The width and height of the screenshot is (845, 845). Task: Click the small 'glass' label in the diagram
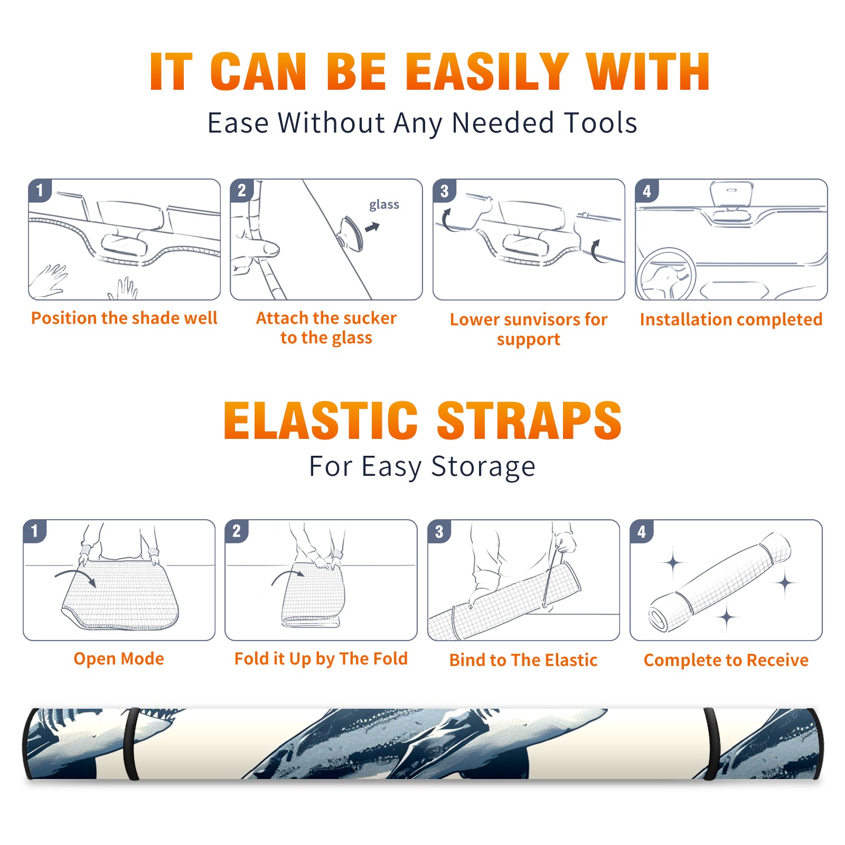[x=384, y=205]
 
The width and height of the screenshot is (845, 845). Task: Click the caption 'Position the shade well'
[x=124, y=318]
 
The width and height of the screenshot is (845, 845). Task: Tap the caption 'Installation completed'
[x=731, y=319]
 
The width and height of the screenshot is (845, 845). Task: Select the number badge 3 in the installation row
[x=444, y=191]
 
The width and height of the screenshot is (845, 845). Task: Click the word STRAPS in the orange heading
[x=529, y=420]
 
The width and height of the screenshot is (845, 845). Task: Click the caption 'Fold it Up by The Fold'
[x=321, y=659]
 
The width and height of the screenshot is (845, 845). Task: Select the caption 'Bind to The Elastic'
[x=523, y=660]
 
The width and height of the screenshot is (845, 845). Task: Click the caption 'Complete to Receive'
[x=726, y=660]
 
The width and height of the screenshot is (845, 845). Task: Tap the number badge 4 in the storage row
[x=642, y=531]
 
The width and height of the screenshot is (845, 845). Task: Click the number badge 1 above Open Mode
[x=35, y=531]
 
